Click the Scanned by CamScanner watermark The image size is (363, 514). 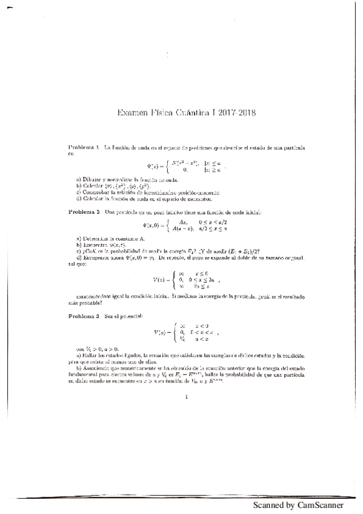[298, 505]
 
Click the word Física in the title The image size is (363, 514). [159, 112]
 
